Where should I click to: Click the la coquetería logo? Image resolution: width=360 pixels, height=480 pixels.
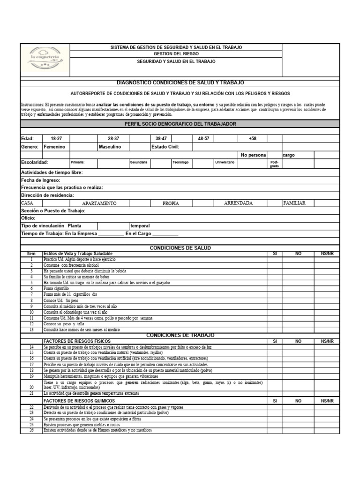[45, 60]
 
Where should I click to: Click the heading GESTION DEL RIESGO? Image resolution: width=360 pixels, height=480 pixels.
[176, 54]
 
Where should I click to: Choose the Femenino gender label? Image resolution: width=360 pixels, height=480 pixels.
[54, 147]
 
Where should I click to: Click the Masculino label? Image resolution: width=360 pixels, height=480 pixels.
[110, 147]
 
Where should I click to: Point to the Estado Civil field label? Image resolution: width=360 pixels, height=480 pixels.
[165, 147]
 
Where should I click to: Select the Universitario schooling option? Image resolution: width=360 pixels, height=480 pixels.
[225, 162]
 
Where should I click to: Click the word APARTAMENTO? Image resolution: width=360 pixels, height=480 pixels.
[99, 203]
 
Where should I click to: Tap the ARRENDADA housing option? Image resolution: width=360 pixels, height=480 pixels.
[239, 203]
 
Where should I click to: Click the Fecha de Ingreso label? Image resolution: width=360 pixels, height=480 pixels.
[41, 180]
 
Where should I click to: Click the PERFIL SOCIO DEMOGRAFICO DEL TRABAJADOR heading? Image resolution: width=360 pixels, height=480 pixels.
[180, 124]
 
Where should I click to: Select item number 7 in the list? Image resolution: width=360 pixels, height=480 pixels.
[31, 294]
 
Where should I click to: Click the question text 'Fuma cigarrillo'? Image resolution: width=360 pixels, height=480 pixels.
[56, 289]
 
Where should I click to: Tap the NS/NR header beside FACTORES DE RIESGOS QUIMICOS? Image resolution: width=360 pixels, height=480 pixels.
[327, 401]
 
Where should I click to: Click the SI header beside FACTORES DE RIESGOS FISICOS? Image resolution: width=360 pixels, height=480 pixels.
[275, 341]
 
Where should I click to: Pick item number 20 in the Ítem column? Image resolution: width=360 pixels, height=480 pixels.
[31, 388]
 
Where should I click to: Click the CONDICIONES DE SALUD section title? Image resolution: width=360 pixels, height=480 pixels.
[180, 247]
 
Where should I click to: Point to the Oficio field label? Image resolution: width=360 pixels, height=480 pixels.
[28, 218]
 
